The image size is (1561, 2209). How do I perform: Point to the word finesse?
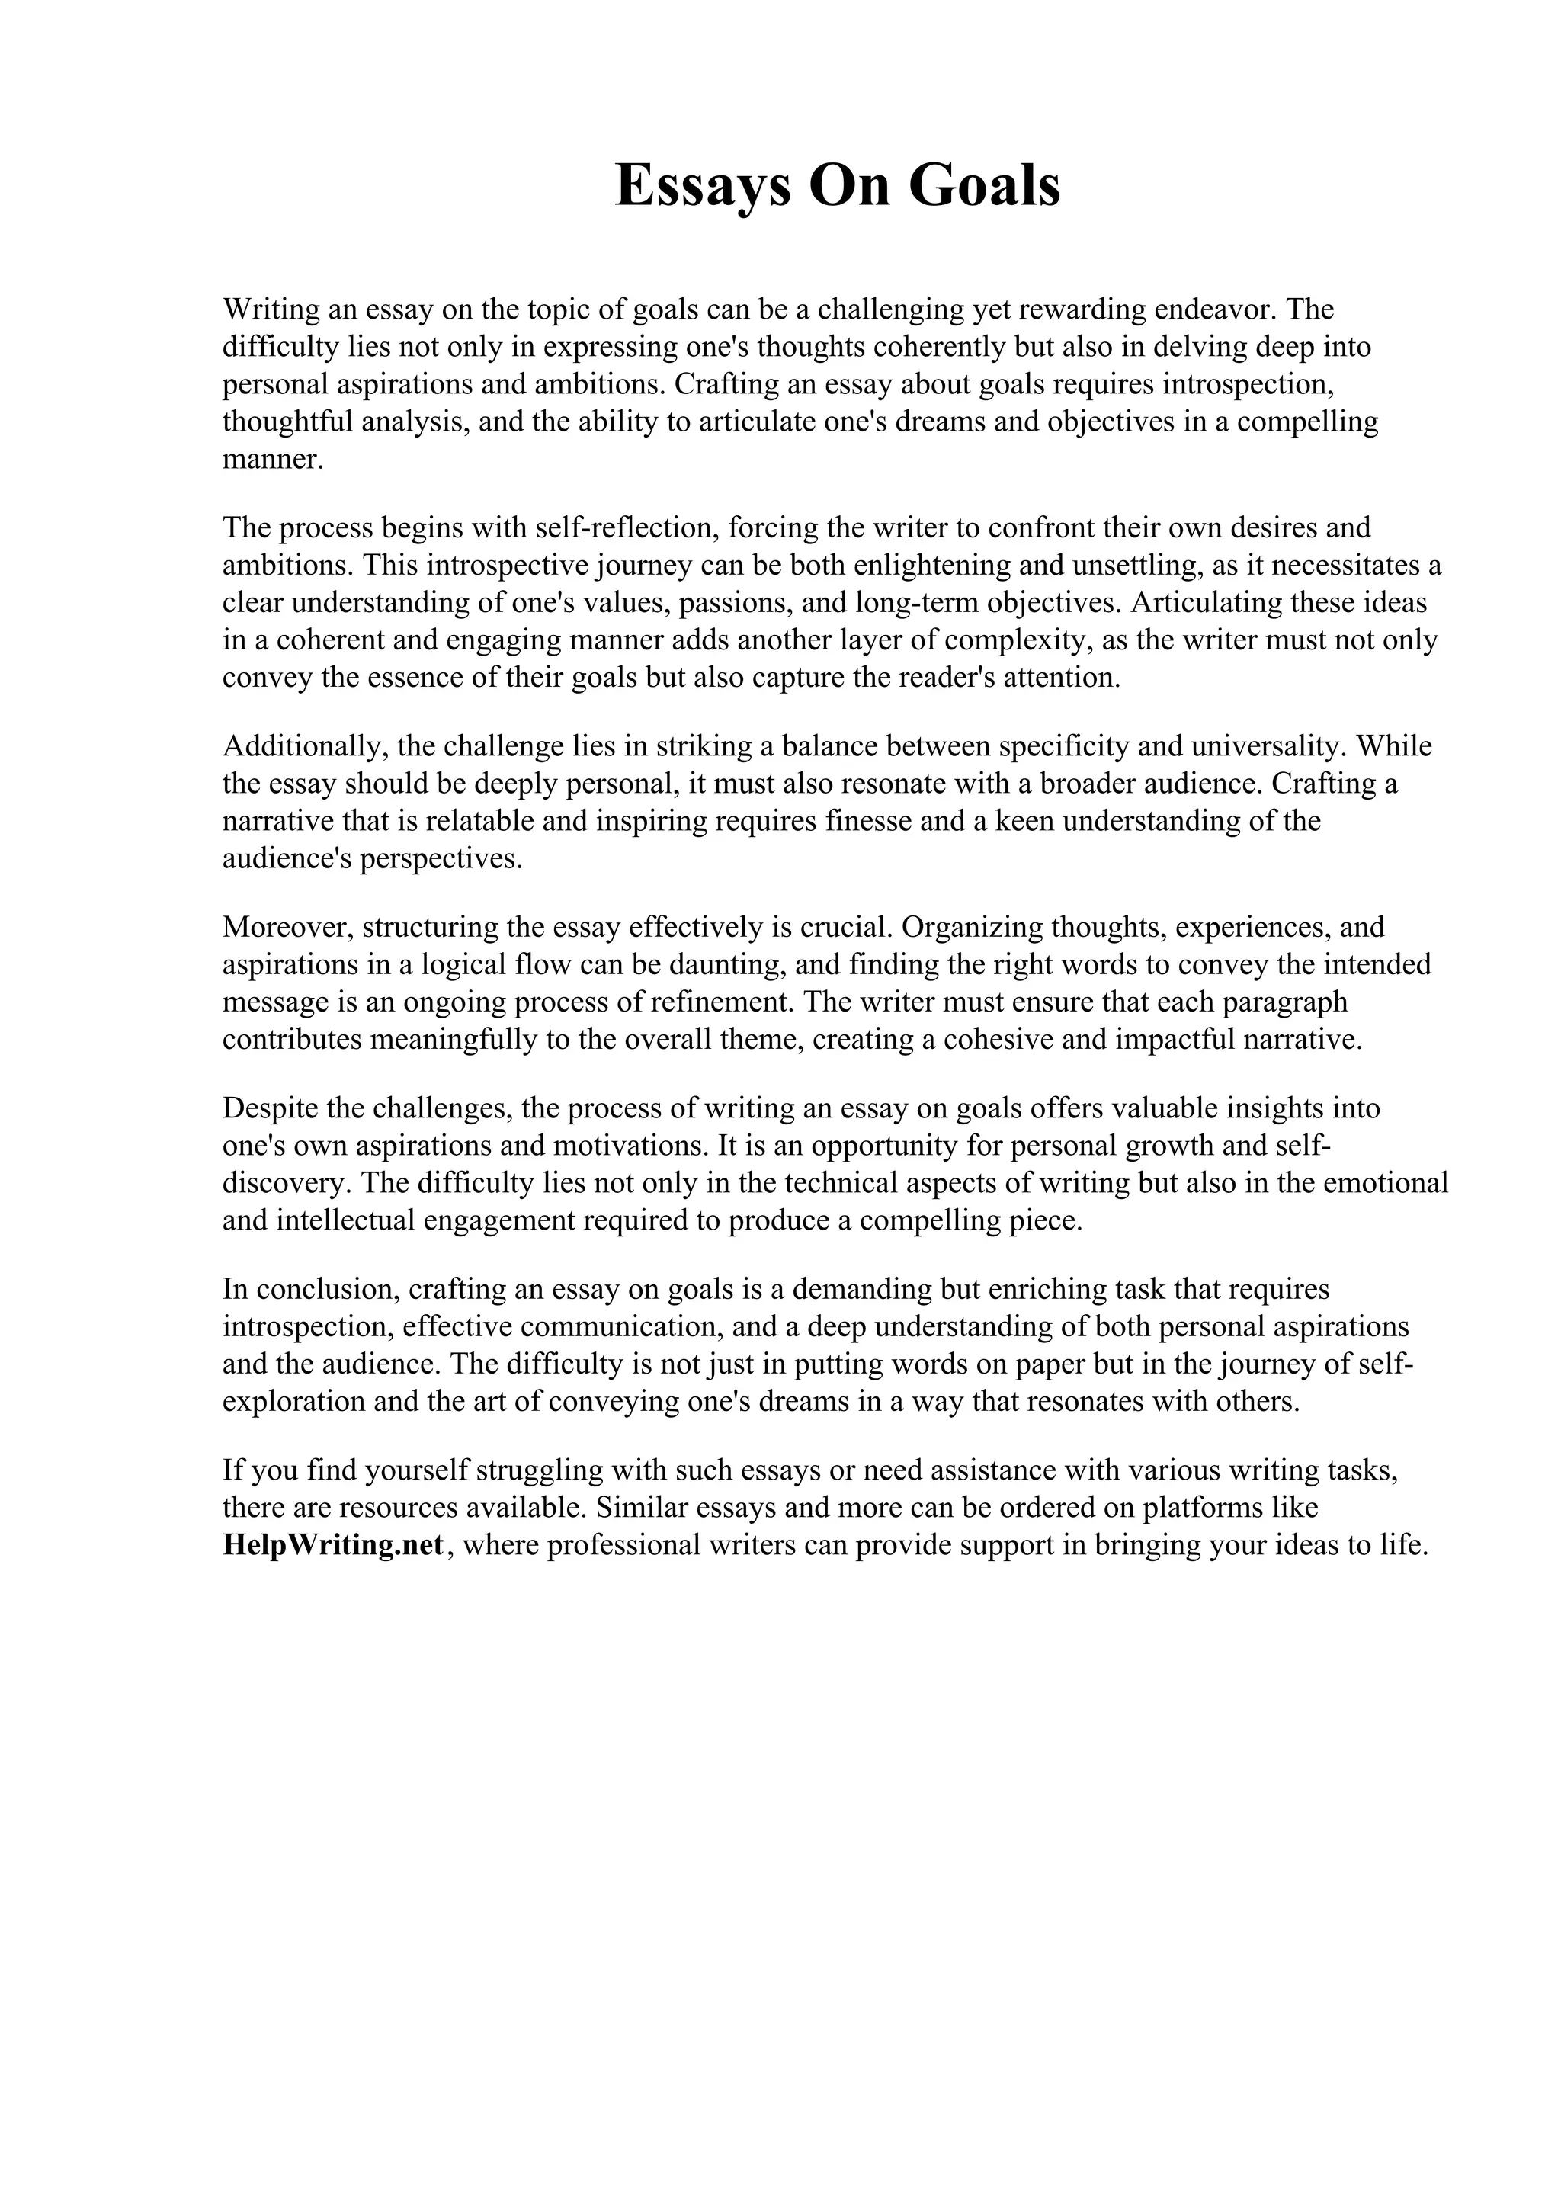[867, 821]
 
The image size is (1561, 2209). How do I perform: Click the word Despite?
[271, 1108]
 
